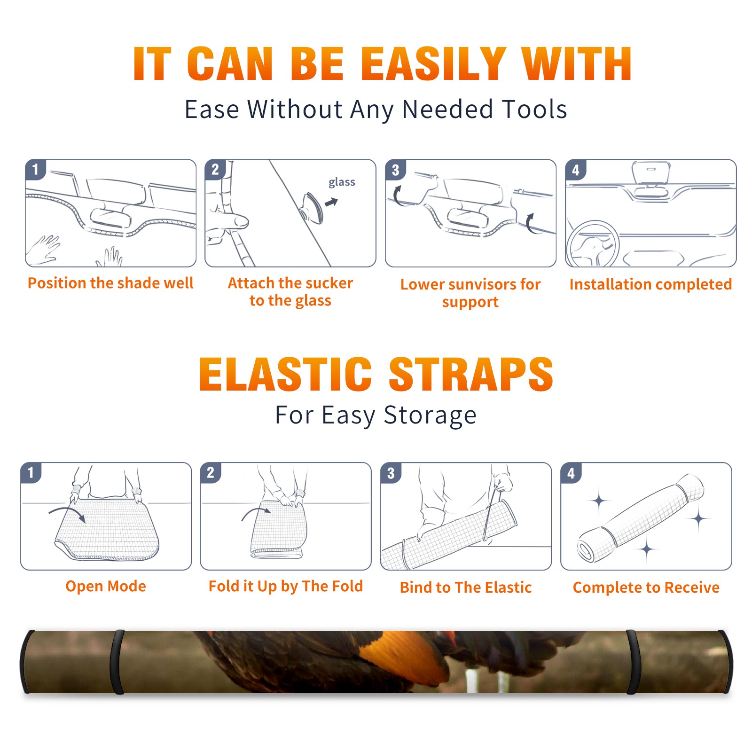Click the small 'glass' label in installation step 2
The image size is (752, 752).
coord(342,182)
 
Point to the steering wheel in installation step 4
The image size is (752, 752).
coord(592,244)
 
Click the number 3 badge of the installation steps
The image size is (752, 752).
coord(395,170)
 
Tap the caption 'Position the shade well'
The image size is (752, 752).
coord(110,283)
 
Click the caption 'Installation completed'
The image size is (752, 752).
coord(650,284)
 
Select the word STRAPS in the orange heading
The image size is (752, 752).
coord(471,374)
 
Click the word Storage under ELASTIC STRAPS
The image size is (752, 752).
coord(430,415)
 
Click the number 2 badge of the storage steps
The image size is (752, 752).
coord(211,473)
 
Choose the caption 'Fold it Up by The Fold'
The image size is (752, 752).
coord(286,587)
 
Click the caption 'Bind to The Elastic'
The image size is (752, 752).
coord(466,587)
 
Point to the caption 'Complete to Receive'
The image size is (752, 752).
coord(646,587)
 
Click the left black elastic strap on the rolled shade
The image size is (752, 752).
coord(117,662)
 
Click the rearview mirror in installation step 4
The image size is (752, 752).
coord(651,173)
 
